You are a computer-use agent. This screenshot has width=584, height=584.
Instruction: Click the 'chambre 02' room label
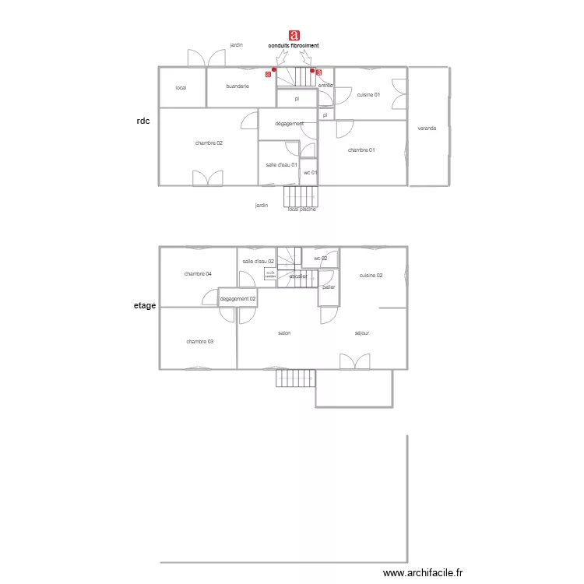point(209,142)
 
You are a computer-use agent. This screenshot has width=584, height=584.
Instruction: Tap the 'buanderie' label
point(237,86)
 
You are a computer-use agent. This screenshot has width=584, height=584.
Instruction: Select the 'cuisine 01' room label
point(368,94)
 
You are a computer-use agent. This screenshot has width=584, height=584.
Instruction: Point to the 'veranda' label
point(427,128)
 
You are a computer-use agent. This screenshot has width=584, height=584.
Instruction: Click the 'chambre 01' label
point(361,150)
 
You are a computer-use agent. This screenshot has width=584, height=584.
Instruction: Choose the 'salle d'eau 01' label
point(281,164)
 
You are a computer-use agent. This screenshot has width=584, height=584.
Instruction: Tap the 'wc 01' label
point(310,172)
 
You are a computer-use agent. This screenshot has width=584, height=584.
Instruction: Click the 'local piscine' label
point(301,209)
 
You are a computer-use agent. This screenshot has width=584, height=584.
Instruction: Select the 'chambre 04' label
point(198,273)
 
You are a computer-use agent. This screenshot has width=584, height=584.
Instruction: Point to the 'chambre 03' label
point(199,342)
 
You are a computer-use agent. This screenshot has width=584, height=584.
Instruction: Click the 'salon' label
point(284,333)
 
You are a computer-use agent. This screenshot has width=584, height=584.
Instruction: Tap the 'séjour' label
point(361,333)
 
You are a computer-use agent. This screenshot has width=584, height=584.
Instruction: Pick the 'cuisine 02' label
point(371,276)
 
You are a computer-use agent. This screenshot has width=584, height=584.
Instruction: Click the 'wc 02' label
point(320,258)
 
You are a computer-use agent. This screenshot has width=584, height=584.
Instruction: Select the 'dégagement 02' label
point(238,298)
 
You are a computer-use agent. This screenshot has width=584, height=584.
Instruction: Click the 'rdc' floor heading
point(143,121)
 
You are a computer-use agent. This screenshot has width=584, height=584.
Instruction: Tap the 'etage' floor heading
point(145,306)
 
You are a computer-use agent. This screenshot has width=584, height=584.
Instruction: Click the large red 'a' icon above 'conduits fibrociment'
point(294,35)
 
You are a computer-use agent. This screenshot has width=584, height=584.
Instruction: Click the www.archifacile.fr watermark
point(423,573)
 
